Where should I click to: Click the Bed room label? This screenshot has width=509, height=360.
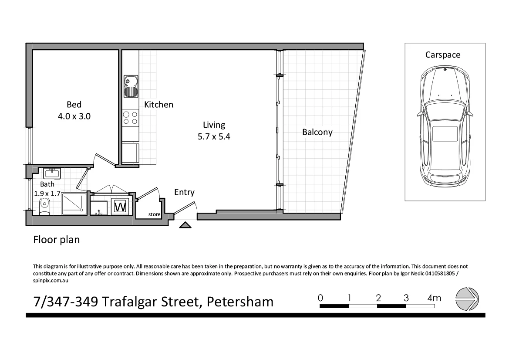[x=74, y=105]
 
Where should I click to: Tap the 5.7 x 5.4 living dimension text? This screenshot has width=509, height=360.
[x=214, y=136]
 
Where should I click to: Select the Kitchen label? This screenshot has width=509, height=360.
[x=158, y=105]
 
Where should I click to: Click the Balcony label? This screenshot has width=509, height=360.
[x=317, y=132]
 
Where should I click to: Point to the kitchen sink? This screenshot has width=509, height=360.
[x=131, y=85]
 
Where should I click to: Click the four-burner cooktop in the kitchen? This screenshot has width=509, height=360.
[x=130, y=118]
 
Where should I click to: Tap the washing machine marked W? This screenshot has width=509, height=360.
[x=120, y=206]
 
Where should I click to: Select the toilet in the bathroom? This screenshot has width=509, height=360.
[x=44, y=207]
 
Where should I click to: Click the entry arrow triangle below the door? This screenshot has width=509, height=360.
[x=185, y=225]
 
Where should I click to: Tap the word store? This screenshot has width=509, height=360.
[x=155, y=214]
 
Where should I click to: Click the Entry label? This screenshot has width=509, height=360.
[x=184, y=192]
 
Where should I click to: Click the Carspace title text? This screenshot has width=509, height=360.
[x=443, y=55]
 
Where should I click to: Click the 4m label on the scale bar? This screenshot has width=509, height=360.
[x=434, y=298]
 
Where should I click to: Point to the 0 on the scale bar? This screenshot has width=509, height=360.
[x=320, y=298]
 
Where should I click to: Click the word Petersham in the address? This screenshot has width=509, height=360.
[x=240, y=301]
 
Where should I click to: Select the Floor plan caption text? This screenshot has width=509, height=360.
[x=57, y=240]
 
